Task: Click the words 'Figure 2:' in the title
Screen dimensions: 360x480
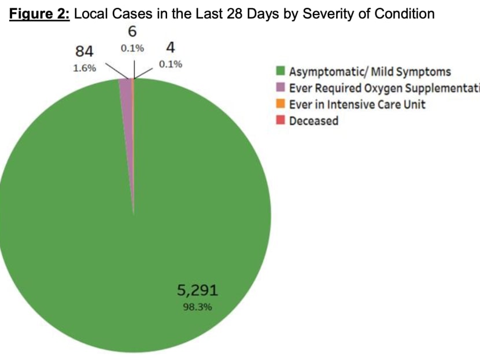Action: pos(38,13)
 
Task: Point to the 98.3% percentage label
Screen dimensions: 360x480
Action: pos(197,307)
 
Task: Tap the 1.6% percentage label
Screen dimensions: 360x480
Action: pos(85,67)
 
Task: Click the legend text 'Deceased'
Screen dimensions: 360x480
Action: pos(313,121)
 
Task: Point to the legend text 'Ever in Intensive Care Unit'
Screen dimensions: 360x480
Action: pos(357,105)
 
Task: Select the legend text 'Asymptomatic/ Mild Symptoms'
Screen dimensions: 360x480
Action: pos(370,72)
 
